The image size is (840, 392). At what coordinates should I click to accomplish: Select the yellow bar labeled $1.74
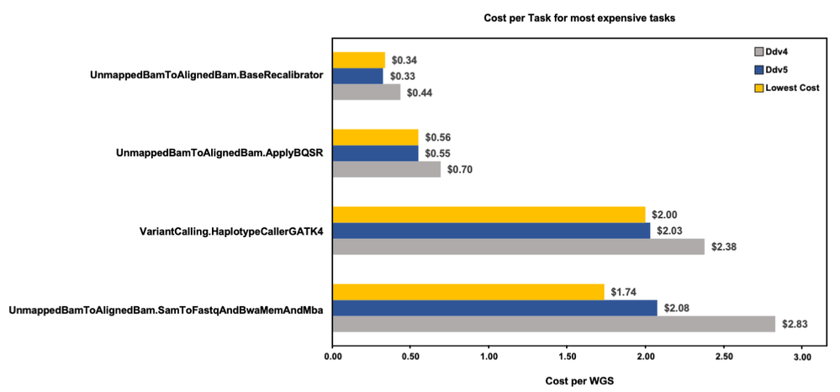(468, 291)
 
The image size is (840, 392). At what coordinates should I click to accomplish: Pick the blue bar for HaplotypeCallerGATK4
(491, 230)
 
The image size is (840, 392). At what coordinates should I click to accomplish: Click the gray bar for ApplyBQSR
(386, 169)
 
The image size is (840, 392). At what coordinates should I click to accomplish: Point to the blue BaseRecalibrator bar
(357, 76)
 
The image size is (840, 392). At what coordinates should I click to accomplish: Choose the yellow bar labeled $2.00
(489, 215)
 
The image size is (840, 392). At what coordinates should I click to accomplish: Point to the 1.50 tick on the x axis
(567, 358)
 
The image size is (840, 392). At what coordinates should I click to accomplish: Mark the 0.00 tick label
(332, 358)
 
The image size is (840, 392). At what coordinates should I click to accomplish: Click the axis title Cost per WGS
(579, 380)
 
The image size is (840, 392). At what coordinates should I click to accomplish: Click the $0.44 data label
(420, 92)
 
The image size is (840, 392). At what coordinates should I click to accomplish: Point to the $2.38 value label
(723, 246)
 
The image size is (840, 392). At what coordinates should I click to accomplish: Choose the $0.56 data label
(438, 137)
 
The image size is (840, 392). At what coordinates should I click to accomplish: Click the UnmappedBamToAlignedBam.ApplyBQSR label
(219, 153)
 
